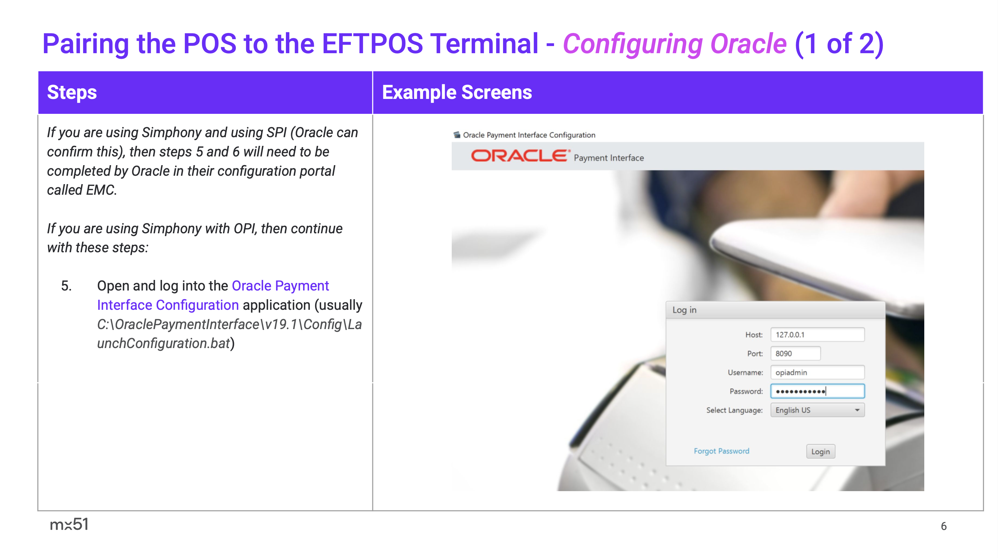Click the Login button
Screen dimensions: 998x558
pyautogui.click(x=821, y=452)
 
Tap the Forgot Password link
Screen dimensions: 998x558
pyautogui.click(x=721, y=451)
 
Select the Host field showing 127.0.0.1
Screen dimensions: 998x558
pyautogui.click(x=818, y=335)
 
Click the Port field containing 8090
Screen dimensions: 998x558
pyautogui.click(x=795, y=354)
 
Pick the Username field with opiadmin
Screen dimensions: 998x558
pyautogui.click(x=818, y=373)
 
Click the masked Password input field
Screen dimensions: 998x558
pyautogui.click(x=818, y=391)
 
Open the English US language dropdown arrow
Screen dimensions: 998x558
pyautogui.click(x=857, y=410)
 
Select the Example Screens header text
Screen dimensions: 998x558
pyautogui.click(x=457, y=93)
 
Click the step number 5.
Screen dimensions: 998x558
pyautogui.click(x=66, y=286)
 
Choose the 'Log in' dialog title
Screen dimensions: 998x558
pyautogui.click(x=684, y=310)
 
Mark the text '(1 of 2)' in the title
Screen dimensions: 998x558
pyautogui.click(x=839, y=44)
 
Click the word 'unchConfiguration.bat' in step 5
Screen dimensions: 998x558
pyautogui.click(x=164, y=343)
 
